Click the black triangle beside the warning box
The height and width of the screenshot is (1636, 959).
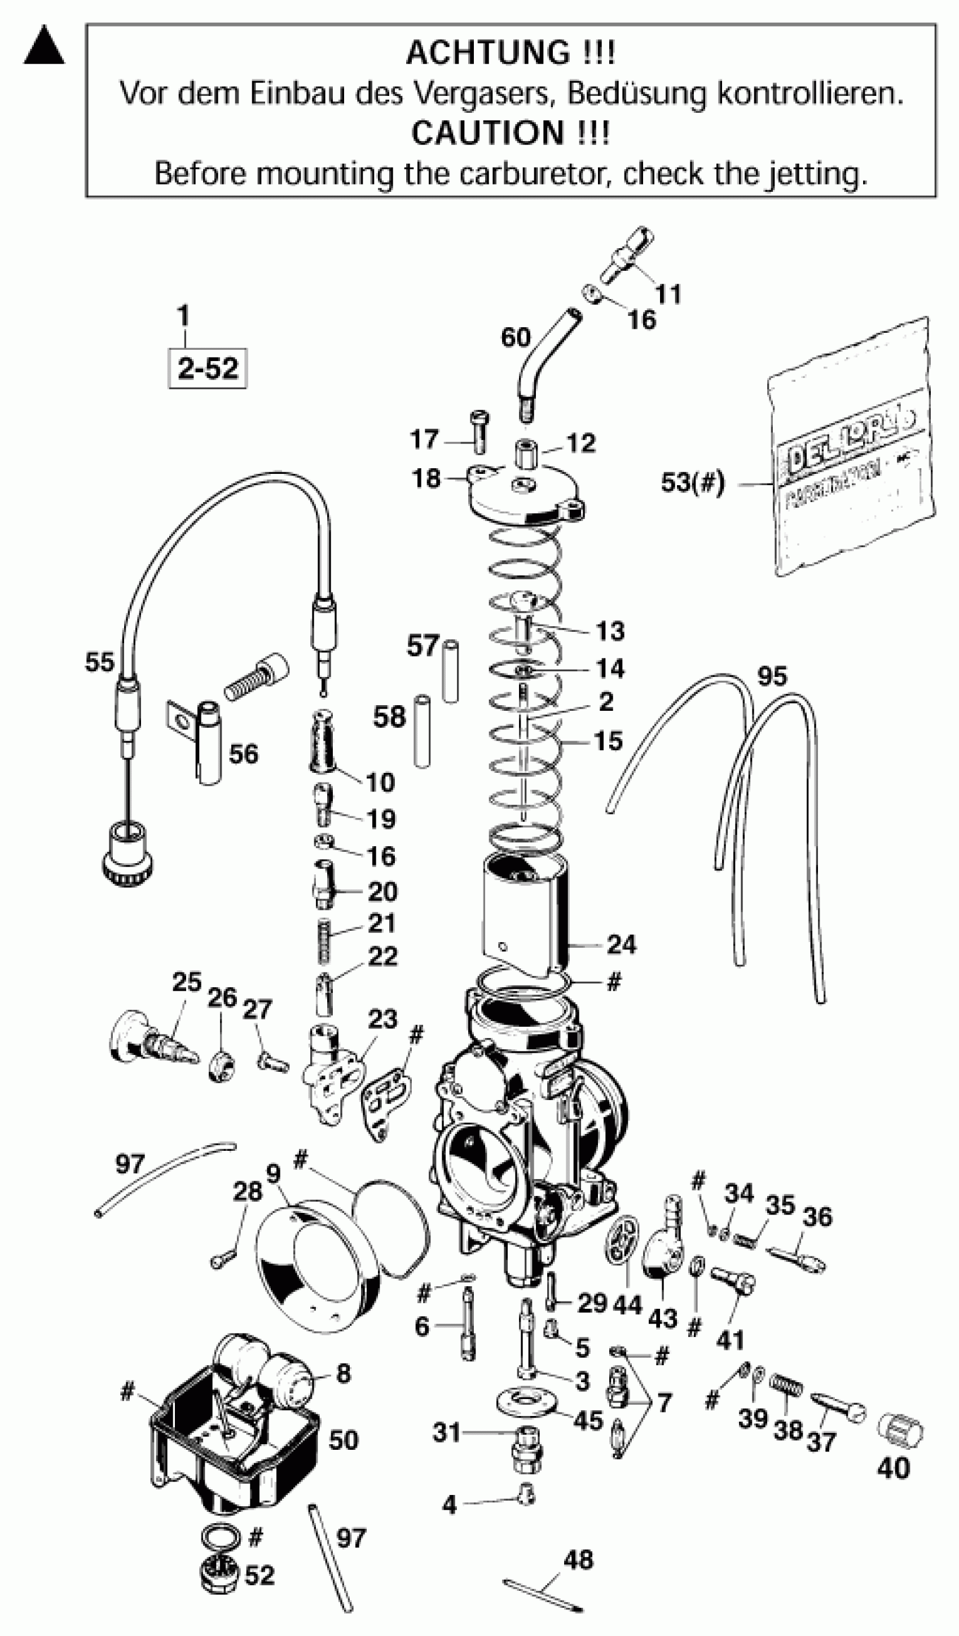point(44,46)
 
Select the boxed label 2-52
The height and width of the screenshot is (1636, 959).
point(208,369)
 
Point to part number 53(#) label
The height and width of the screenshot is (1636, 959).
point(692,483)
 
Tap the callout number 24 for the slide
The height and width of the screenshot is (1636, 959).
point(621,944)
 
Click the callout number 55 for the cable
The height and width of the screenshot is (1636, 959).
point(99,662)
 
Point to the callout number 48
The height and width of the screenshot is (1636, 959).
point(578,1559)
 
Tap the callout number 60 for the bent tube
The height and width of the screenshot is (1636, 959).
point(516,337)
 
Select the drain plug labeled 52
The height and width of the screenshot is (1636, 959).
point(219,1574)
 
